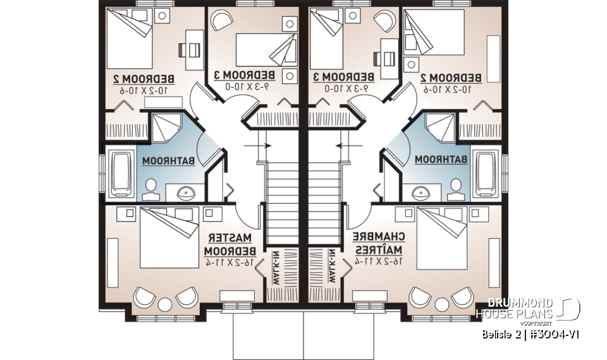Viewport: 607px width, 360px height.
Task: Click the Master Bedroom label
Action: (x=232, y=244)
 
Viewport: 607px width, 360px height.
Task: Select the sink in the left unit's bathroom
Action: (x=186, y=193)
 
